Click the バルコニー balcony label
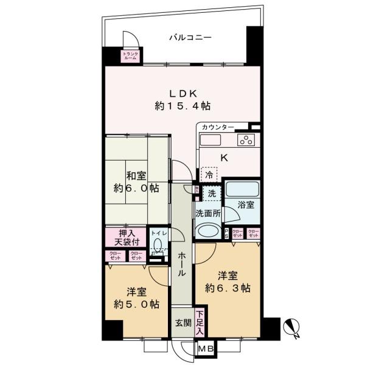pyautogui.click(x=190, y=38)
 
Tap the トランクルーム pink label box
pyautogui.click(x=130, y=57)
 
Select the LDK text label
pyautogui.click(x=182, y=93)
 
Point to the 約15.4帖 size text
pyautogui.click(x=182, y=106)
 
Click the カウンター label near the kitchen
pyautogui.click(x=218, y=127)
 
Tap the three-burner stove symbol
pyautogui.click(x=246, y=140)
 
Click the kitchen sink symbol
pyautogui.click(x=210, y=141)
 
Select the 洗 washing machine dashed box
pyautogui.click(x=211, y=193)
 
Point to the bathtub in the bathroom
pyautogui.click(x=242, y=190)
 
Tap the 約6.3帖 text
pyautogui.click(x=227, y=287)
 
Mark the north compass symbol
pyautogui.click(x=291, y=328)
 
